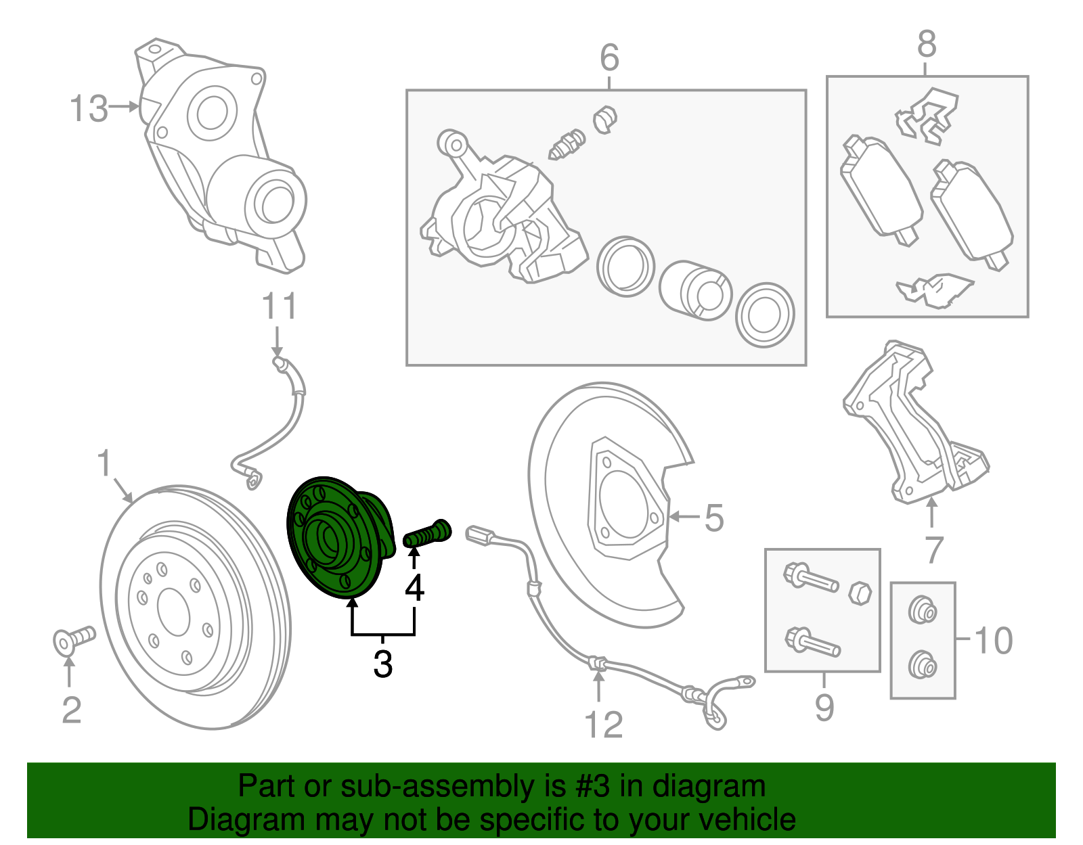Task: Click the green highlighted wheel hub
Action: pyautogui.click(x=335, y=538)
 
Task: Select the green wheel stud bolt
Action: pyautogui.click(x=426, y=534)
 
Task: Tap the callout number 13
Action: pyautogui.click(x=89, y=108)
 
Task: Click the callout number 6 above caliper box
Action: pyautogui.click(x=609, y=58)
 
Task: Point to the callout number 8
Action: pyautogui.click(x=927, y=45)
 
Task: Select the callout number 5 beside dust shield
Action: pyautogui.click(x=714, y=518)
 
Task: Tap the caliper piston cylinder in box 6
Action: pyautogui.click(x=696, y=290)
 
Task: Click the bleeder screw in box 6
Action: pyautogui.click(x=566, y=144)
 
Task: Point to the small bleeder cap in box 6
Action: pyautogui.click(x=605, y=120)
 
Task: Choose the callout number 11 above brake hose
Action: pyautogui.click(x=279, y=307)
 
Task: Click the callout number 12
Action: pyautogui.click(x=603, y=725)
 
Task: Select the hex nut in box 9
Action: pyautogui.click(x=859, y=593)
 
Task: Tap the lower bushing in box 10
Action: pyautogui.click(x=922, y=664)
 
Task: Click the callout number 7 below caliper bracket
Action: pyautogui.click(x=934, y=549)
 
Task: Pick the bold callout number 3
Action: pyautogui.click(x=383, y=664)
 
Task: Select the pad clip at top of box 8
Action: pyautogui.click(x=927, y=115)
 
